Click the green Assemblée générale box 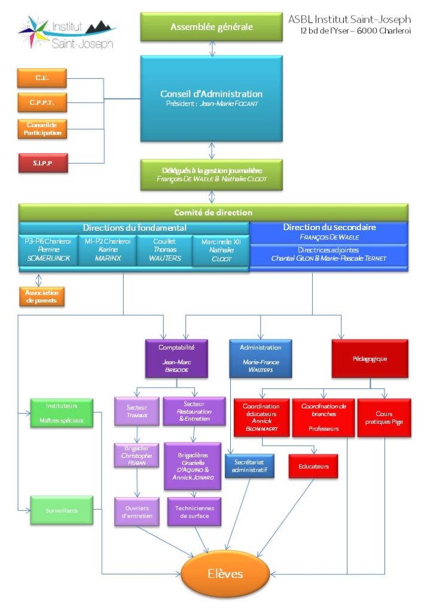coord(212,27)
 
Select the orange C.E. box coord(42,78)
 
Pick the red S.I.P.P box coord(42,163)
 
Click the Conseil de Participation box coord(42,128)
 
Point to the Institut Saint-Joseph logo coord(66,33)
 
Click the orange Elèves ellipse coord(225,574)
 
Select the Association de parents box coord(42,296)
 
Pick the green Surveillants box coord(62,510)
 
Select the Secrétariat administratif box coord(249,466)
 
